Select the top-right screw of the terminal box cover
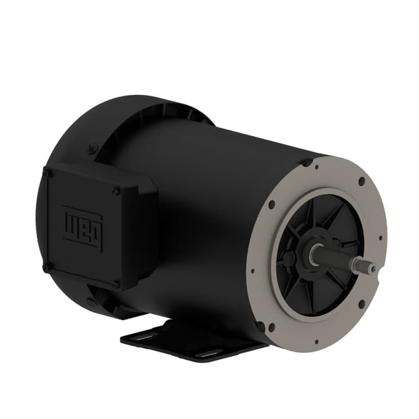[x=117, y=191]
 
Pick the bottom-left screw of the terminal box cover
[x=46, y=266]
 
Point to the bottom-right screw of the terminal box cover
[x=116, y=283]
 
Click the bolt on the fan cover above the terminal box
[x=92, y=149]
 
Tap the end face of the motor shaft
[x=372, y=268]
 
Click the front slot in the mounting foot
[x=211, y=352]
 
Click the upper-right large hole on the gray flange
[x=361, y=181]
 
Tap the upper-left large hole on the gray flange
[x=271, y=204]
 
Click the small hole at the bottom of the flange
[x=316, y=341]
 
